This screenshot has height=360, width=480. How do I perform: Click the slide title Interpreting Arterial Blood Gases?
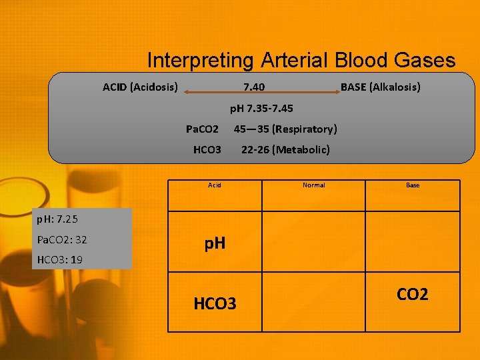tap(301, 61)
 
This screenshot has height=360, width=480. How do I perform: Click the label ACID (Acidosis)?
tap(140, 87)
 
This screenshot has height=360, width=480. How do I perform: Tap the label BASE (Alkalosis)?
tap(380, 87)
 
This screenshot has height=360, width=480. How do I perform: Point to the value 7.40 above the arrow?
tap(253, 87)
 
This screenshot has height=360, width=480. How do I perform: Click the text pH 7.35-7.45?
tap(261, 108)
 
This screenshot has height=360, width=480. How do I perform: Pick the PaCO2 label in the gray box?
tap(202, 129)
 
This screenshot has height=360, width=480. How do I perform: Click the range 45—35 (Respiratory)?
tap(285, 129)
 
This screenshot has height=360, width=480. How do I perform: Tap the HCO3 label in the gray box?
tap(207, 149)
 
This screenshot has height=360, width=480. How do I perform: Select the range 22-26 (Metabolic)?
tap(285, 149)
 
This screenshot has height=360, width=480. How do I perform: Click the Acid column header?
tap(214, 185)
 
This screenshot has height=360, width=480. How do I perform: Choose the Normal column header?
tap(313, 185)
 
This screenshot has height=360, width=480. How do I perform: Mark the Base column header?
tap(413, 185)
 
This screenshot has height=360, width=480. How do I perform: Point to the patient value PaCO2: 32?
tap(62, 239)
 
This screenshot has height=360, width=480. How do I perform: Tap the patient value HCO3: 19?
tap(60, 259)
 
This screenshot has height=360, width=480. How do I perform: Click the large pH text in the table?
tap(215, 243)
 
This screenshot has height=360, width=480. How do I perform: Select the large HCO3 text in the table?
tap(215, 304)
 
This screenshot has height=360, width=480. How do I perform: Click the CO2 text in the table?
tap(413, 294)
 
